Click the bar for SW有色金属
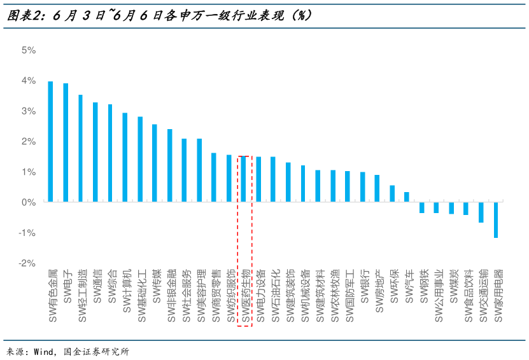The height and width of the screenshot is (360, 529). coord(51,141)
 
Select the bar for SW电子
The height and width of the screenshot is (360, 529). coord(66,142)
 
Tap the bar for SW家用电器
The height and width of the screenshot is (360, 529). coord(495,219)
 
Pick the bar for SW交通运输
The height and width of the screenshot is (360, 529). coord(481,212)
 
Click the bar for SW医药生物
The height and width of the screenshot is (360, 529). coord(244,179)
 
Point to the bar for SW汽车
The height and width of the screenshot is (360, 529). coord(407,197)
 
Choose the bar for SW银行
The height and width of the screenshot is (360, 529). coord(362,186)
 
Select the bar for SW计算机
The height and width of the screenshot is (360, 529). coord(125,157)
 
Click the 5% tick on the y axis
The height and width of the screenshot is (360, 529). coord(28,50)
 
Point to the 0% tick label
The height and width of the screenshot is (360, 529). coord(28,202)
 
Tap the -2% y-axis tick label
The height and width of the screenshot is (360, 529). coord(26,263)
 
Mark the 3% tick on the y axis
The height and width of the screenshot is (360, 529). coord(28,111)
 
